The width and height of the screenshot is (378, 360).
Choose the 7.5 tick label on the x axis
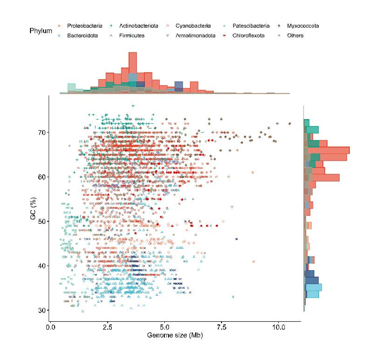pos(222,326)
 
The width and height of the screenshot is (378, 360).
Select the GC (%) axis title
pos(33,221)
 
